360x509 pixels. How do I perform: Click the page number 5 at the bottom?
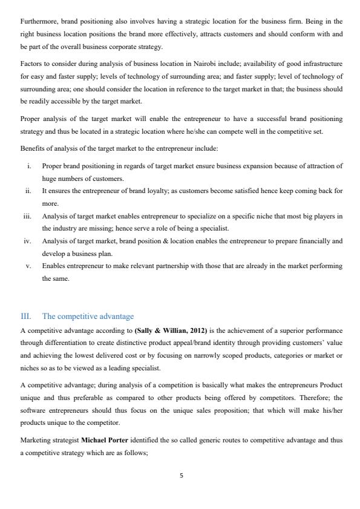pos(180,476)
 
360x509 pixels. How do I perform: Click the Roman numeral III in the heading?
pos(25,317)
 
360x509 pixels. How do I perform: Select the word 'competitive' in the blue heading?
pos(75,317)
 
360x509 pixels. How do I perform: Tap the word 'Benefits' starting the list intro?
pos(32,148)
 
